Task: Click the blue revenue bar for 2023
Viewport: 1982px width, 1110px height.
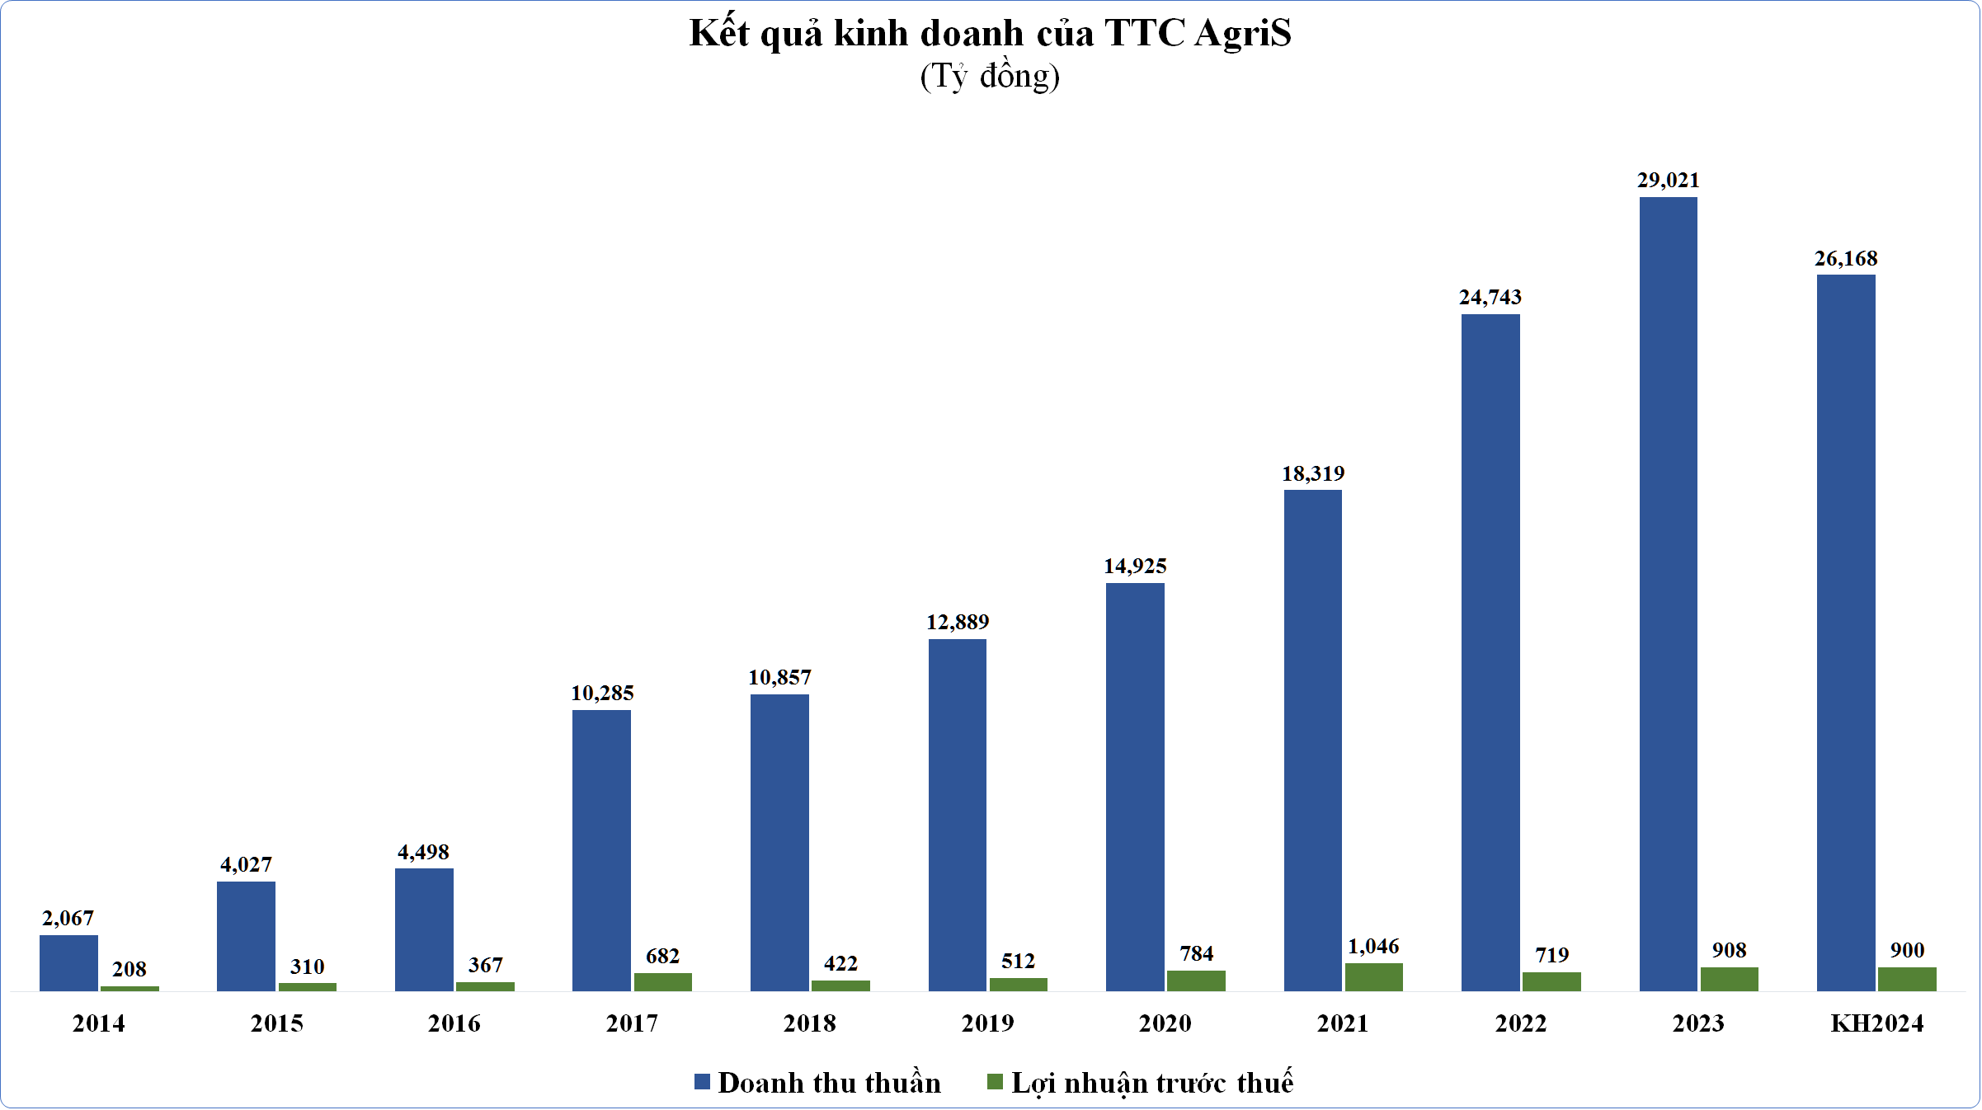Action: tap(1668, 594)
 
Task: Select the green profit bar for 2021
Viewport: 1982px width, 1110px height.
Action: tap(1373, 977)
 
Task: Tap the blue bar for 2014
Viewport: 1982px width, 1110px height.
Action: tap(68, 963)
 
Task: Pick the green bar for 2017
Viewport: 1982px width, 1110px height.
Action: tap(662, 982)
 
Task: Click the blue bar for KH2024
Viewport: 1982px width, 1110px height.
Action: tap(1846, 633)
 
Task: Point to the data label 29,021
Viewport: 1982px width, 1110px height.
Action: tap(1668, 180)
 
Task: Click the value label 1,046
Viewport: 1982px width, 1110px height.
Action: tap(1373, 947)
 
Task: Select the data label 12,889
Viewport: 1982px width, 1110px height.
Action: tap(957, 622)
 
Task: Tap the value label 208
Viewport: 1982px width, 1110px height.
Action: tap(129, 969)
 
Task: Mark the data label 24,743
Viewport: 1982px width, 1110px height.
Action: tap(1490, 297)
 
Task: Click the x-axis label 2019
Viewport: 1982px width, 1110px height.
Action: tap(987, 1023)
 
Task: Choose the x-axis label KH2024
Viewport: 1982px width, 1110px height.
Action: tap(1876, 1023)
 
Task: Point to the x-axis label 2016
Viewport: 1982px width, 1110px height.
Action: tap(454, 1023)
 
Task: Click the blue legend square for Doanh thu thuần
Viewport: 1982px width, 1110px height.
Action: tap(702, 1082)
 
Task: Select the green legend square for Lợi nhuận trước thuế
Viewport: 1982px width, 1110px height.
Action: tap(995, 1082)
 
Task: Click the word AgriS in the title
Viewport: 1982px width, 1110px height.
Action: tap(1242, 33)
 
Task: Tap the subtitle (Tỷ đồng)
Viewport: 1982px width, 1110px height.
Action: tap(990, 76)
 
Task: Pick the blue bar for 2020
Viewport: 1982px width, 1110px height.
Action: tap(1135, 787)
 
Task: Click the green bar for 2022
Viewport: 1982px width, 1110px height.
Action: tap(1551, 981)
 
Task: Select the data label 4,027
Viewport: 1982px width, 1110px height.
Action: tap(246, 864)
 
